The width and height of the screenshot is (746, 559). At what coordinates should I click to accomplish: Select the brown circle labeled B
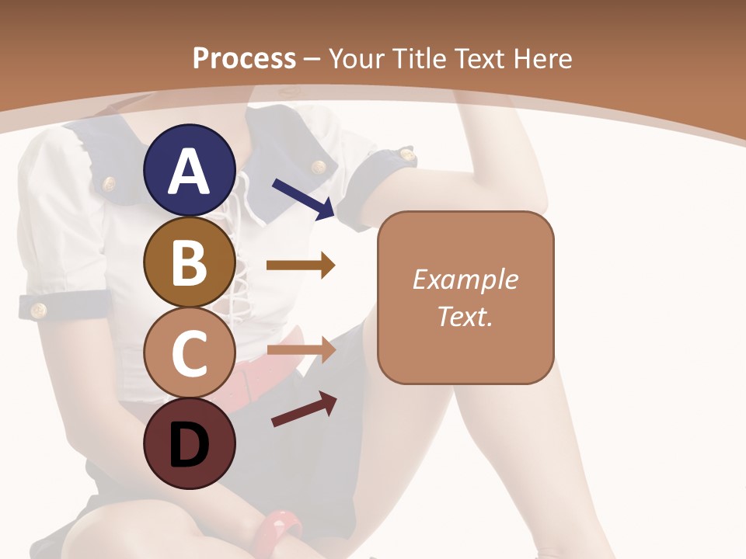point(190,262)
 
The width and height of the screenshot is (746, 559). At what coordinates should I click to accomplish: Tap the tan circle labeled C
point(190,353)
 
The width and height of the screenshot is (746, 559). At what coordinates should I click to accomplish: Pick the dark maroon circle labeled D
point(190,444)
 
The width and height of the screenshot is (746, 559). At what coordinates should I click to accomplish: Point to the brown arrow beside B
point(301,266)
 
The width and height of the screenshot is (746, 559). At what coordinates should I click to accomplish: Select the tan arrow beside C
point(301,350)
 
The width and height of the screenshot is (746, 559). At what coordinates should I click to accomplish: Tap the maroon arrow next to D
point(304,409)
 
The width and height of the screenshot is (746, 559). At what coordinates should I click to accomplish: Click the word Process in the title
point(244,59)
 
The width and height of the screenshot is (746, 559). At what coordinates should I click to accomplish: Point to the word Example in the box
point(465,279)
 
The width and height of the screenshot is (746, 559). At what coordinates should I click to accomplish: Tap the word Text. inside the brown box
point(465,316)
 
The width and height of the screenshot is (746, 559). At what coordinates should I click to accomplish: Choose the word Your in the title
point(358,59)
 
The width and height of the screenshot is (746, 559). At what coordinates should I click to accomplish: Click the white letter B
point(190,262)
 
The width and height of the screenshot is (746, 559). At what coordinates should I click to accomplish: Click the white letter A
point(190,172)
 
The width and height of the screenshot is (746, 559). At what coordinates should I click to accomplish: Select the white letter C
point(190,354)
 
